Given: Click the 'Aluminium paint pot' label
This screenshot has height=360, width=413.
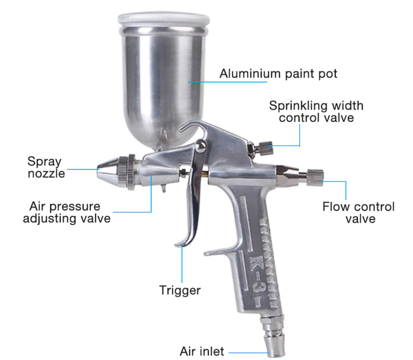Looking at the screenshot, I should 278,73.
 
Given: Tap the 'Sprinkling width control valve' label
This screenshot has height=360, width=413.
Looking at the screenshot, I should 316,112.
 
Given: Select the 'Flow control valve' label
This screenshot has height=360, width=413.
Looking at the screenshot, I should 358,212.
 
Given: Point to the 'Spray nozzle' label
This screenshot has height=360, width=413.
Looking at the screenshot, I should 46,167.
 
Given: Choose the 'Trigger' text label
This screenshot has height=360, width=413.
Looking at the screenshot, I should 180,290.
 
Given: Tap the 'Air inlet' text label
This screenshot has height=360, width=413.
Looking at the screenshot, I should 202,351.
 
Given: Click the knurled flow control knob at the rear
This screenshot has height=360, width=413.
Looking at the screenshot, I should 315,177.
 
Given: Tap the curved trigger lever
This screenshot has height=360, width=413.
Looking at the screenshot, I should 192,207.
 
